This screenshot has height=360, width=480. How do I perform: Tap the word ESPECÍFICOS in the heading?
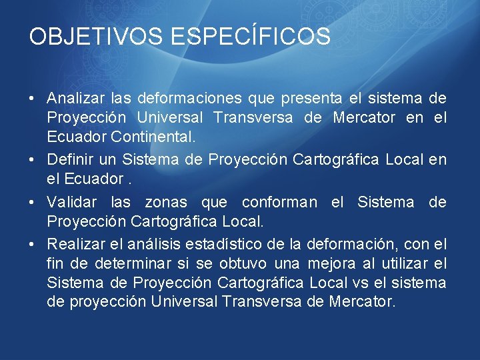(250, 36)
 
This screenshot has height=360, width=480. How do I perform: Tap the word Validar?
(71, 202)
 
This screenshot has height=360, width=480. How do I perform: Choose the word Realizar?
(73, 244)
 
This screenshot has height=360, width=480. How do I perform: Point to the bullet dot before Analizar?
(33, 99)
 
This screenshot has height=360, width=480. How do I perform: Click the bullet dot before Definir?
(33, 161)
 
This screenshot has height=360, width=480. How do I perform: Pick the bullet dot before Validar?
(33, 203)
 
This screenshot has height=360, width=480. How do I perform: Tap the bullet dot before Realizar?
(33, 245)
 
